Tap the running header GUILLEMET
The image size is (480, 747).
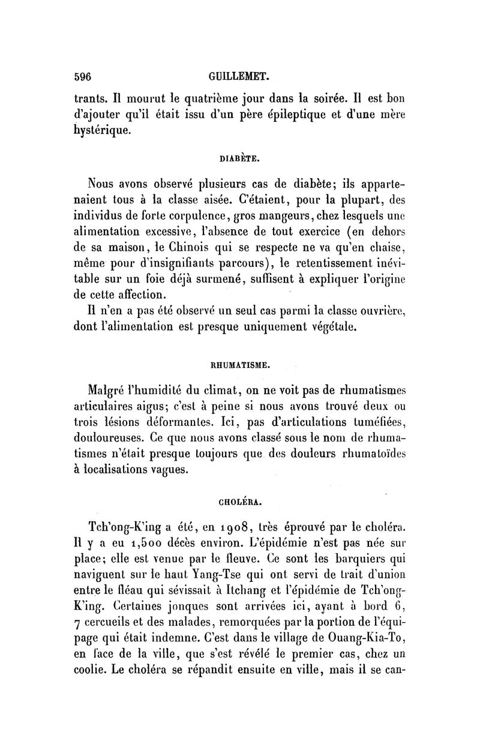pyautogui.click(x=239, y=77)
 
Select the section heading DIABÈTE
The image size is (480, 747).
pyautogui.click(x=239, y=159)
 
